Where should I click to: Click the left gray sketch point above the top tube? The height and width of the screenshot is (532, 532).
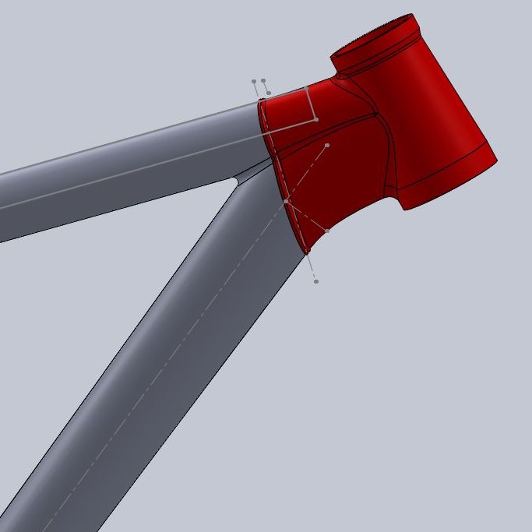254,81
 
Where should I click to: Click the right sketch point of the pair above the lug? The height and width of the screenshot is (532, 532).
264,80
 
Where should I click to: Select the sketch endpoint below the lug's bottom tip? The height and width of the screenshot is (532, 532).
316,281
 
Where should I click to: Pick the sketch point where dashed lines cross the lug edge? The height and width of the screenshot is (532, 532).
286,201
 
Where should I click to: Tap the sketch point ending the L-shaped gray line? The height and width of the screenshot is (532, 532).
316,119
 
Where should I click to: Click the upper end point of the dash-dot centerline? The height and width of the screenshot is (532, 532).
327,145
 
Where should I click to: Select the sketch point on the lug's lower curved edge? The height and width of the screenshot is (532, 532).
327,231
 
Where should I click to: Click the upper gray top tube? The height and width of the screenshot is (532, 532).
117,171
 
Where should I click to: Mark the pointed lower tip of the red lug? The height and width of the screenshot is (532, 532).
307,251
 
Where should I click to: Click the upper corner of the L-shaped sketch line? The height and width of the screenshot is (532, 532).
309,88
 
